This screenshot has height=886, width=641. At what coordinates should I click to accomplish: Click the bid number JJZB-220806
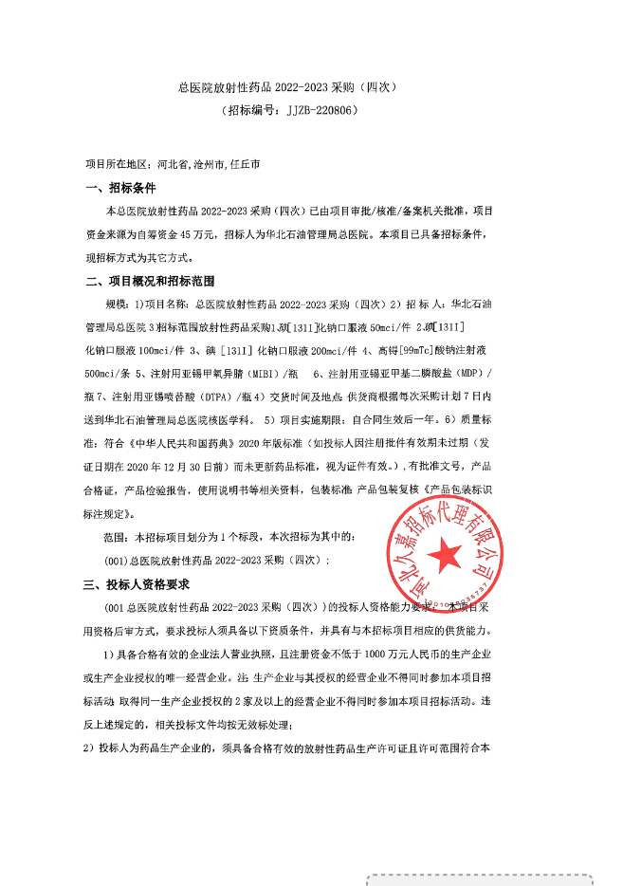click(x=321, y=110)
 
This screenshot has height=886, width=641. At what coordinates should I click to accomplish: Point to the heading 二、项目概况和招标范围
click(x=151, y=281)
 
